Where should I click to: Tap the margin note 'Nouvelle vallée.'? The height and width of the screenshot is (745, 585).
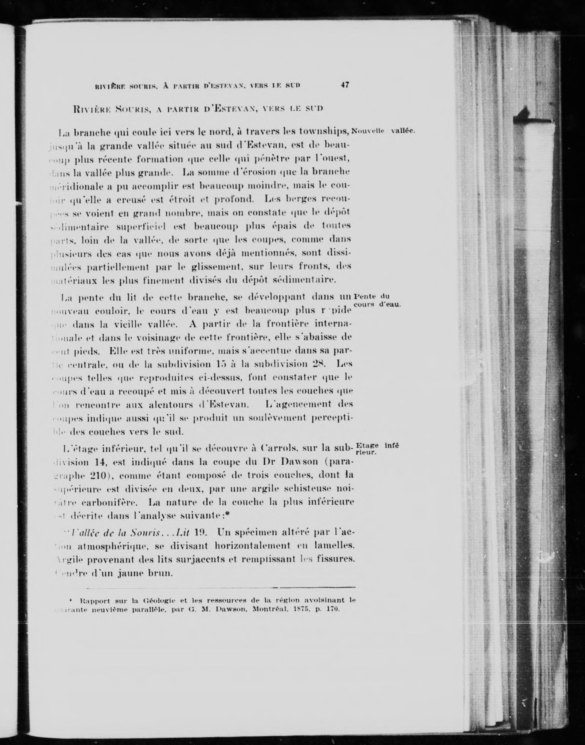(383, 131)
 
